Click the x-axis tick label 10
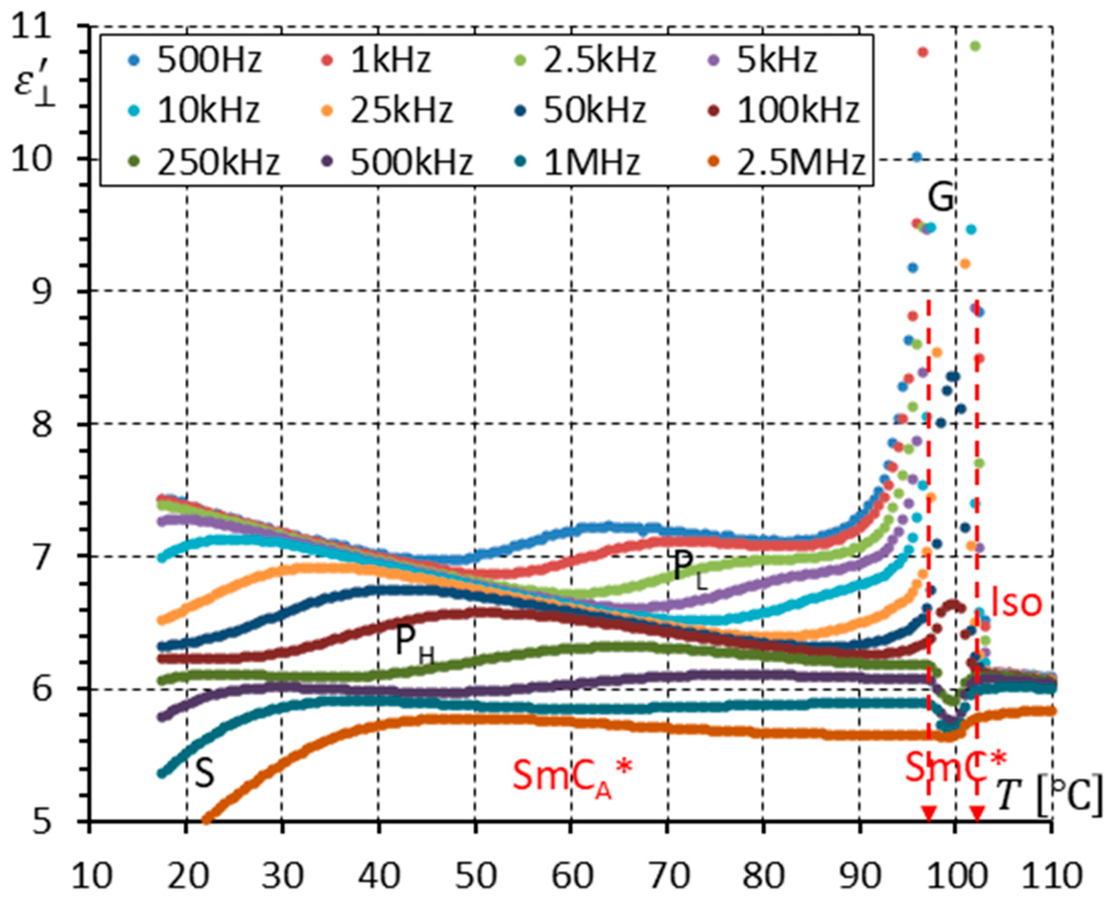[x=91, y=877]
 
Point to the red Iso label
[x=1016, y=603]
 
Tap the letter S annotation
[x=204, y=774]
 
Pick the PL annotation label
[x=689, y=569]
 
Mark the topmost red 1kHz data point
[x=923, y=52]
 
